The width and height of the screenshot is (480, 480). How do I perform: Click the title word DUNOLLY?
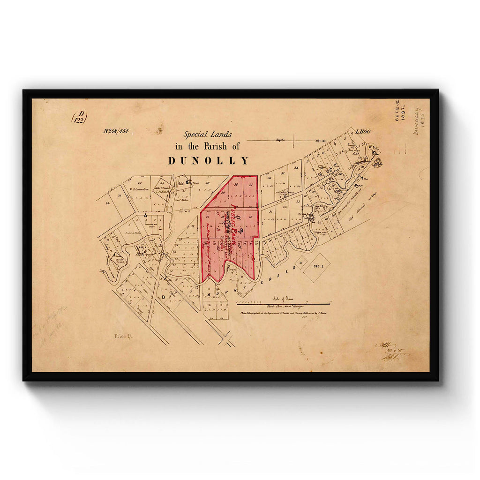pyautogui.click(x=209, y=160)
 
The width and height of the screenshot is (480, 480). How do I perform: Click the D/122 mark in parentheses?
pyautogui.click(x=79, y=117)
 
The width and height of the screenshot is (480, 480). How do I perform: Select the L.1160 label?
pyautogui.click(x=363, y=132)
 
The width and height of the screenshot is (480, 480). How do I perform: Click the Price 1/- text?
pyautogui.click(x=123, y=336)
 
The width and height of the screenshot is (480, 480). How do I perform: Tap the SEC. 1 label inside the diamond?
pyautogui.click(x=316, y=265)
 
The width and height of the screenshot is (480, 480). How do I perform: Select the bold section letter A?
pyautogui.click(x=145, y=215)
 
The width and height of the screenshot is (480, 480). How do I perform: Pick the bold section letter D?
pyautogui.click(x=163, y=296)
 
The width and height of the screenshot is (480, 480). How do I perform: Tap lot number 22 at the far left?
pyautogui.click(x=107, y=203)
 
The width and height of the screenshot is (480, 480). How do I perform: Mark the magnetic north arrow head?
pyautogui.click(x=322, y=140)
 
